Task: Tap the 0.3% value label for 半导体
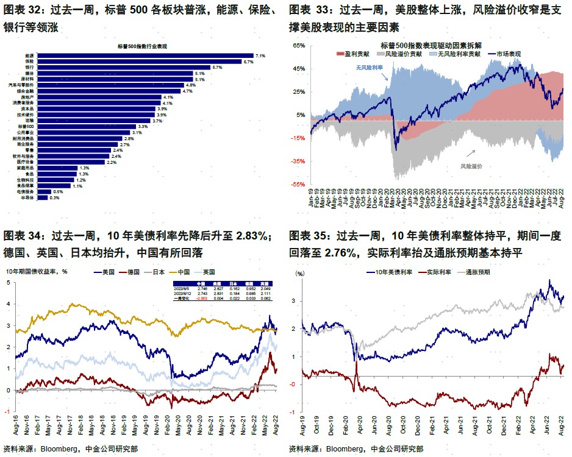point(54,197)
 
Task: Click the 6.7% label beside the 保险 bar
point(248,62)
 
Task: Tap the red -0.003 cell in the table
point(202,298)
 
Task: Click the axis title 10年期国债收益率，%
point(37,272)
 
